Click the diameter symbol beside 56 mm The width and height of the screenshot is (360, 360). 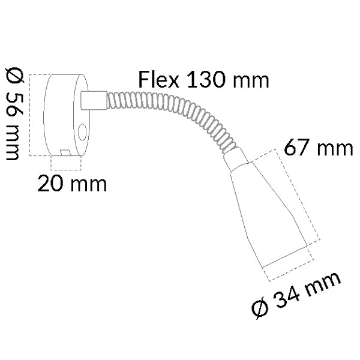(x=13, y=76)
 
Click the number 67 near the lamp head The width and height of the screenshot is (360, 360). (x=298, y=148)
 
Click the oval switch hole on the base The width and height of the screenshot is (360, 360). (x=83, y=132)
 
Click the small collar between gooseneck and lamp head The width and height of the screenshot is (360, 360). (x=235, y=159)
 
